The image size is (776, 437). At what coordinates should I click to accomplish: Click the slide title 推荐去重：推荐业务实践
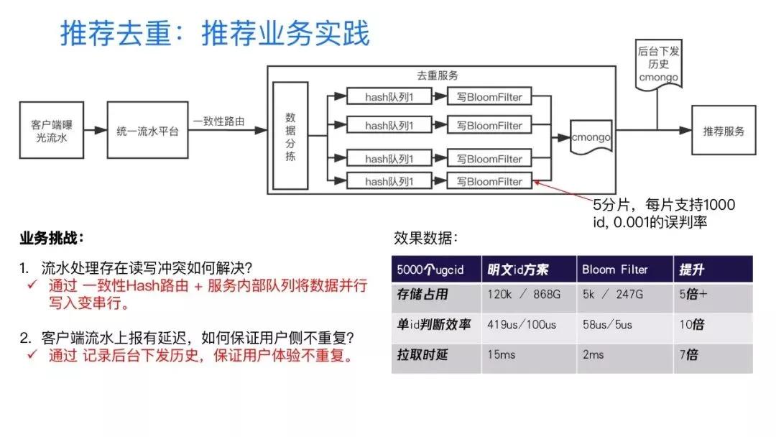point(214,34)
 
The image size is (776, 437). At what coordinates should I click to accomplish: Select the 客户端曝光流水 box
point(51,130)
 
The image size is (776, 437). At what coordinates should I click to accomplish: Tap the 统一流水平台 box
point(147,130)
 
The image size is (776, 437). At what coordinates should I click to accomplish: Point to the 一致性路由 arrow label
point(218,121)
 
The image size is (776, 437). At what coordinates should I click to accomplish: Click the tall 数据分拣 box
point(290,136)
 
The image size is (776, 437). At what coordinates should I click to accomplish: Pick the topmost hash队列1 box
point(389,96)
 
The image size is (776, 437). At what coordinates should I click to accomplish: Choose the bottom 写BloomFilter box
point(489,181)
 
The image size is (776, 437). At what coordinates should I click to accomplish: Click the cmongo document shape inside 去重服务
point(591,135)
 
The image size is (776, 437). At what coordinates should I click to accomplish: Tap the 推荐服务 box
point(724,130)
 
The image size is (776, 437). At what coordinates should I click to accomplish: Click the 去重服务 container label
point(438,75)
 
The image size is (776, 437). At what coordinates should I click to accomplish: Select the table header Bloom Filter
point(614,270)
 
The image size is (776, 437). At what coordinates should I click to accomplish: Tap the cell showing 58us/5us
point(607,324)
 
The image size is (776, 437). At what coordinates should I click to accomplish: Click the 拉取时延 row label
point(422,354)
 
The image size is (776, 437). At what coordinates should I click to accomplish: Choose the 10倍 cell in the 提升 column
point(692,324)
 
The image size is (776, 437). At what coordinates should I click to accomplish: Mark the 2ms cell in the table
point(593,354)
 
